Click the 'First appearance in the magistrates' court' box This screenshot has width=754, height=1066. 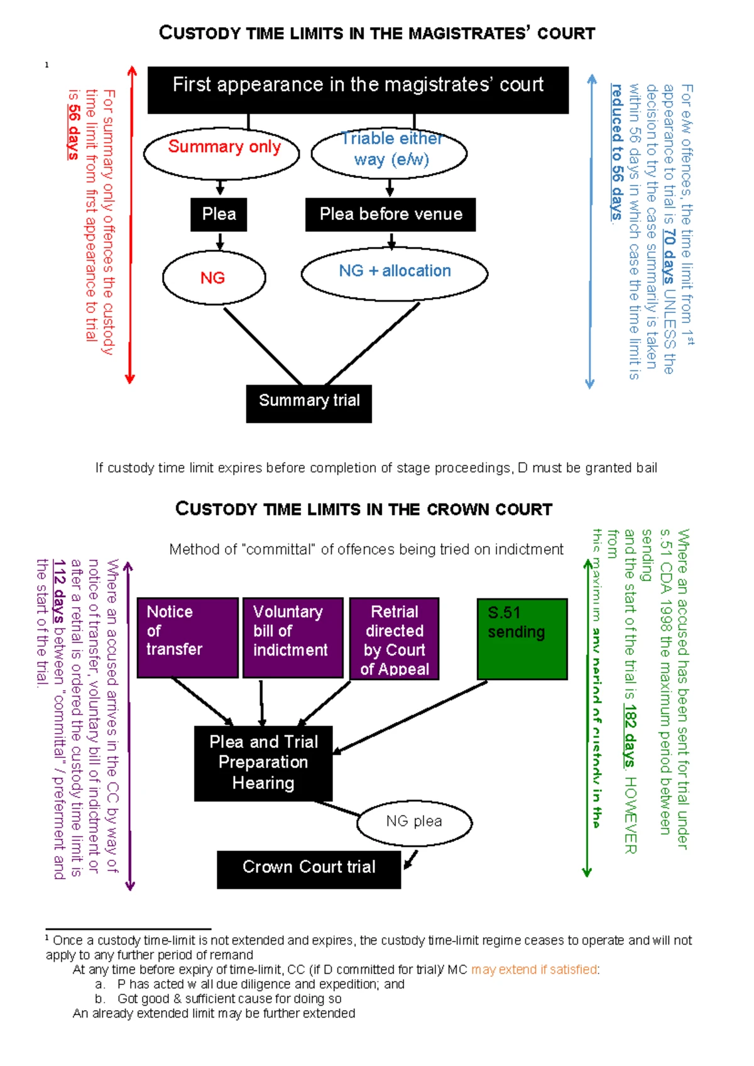tap(358, 90)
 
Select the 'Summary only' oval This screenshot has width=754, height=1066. tap(222, 153)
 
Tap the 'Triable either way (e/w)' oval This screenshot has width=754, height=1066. tap(389, 153)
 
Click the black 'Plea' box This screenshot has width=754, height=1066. tap(219, 214)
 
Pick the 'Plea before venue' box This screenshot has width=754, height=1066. tap(390, 214)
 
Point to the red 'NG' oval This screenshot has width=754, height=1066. tap(214, 277)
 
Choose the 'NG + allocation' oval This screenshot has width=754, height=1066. tap(395, 273)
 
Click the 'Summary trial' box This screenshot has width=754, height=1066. tap(309, 403)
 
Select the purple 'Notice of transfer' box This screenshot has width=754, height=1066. tap(187, 637)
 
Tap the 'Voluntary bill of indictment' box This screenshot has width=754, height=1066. tap(293, 637)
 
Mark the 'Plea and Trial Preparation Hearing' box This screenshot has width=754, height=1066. tap(263, 763)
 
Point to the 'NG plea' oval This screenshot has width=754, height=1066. tap(414, 822)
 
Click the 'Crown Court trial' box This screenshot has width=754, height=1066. tap(309, 869)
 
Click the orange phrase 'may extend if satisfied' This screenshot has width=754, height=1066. tap(534, 970)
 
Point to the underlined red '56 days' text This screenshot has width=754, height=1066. tap(74, 131)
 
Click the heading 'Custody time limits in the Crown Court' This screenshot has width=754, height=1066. tap(364, 509)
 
